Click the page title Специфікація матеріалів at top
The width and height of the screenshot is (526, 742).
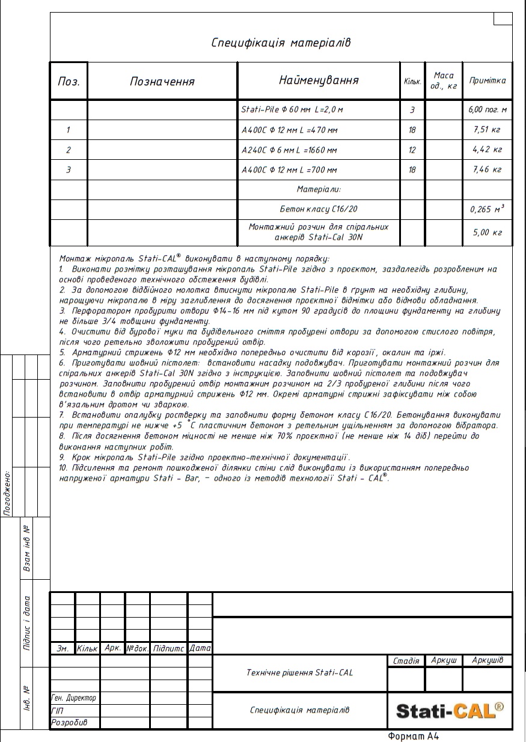tap(281, 43)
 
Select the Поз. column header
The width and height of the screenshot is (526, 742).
tap(69, 81)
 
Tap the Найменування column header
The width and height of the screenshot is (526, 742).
tap(319, 80)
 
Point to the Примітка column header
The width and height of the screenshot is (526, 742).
tap(488, 80)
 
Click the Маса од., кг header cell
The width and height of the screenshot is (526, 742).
tap(444, 81)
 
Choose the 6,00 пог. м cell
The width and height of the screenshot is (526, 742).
tap(488, 110)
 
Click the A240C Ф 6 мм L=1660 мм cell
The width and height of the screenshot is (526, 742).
tap(289, 150)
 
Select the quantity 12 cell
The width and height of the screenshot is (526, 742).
tap(412, 150)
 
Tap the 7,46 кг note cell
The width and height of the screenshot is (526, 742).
tap(488, 170)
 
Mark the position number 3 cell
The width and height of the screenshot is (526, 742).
tap(69, 170)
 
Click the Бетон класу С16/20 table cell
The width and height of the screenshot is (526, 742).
tap(319, 210)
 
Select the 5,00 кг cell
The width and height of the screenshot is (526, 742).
tap(488, 233)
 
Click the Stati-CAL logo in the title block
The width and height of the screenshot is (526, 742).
tap(450, 711)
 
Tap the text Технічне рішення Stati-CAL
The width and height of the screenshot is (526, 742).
tap(300, 672)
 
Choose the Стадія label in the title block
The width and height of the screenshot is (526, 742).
tap(406, 661)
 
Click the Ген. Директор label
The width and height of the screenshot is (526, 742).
tap(74, 698)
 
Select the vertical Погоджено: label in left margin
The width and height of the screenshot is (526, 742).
tap(7, 493)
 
